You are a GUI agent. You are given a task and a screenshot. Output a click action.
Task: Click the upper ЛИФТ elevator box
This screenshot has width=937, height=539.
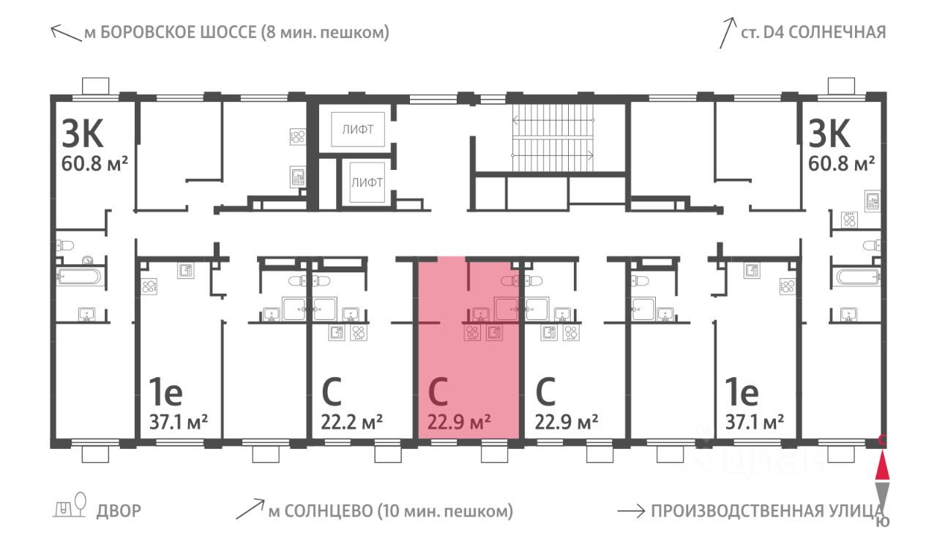click(358, 130)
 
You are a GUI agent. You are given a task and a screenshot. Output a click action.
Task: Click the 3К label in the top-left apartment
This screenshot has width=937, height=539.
click(83, 133)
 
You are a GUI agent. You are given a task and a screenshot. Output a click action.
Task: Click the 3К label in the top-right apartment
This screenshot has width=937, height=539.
click(829, 133)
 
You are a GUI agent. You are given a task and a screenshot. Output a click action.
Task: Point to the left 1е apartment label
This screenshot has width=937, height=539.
click(166, 392)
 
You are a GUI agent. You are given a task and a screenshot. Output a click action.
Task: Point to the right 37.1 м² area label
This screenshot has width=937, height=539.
click(754, 422)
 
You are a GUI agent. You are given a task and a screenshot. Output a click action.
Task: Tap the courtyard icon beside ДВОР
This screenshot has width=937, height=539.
click(70, 505)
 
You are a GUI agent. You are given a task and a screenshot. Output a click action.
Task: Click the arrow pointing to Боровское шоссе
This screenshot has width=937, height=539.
click(66, 34)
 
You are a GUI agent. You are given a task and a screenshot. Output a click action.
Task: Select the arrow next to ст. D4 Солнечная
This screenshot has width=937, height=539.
click(728, 33)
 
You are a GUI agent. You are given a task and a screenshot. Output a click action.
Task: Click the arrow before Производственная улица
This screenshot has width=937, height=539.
click(631, 511)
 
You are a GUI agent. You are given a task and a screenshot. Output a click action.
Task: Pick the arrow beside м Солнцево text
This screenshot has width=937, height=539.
click(250, 509)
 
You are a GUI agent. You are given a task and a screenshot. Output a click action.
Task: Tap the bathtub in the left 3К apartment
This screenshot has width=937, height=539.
click(78, 277)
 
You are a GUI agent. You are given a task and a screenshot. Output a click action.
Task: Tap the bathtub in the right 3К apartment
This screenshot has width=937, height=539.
click(857, 277)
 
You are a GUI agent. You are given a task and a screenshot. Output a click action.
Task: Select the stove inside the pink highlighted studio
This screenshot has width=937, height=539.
click(472, 333)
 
